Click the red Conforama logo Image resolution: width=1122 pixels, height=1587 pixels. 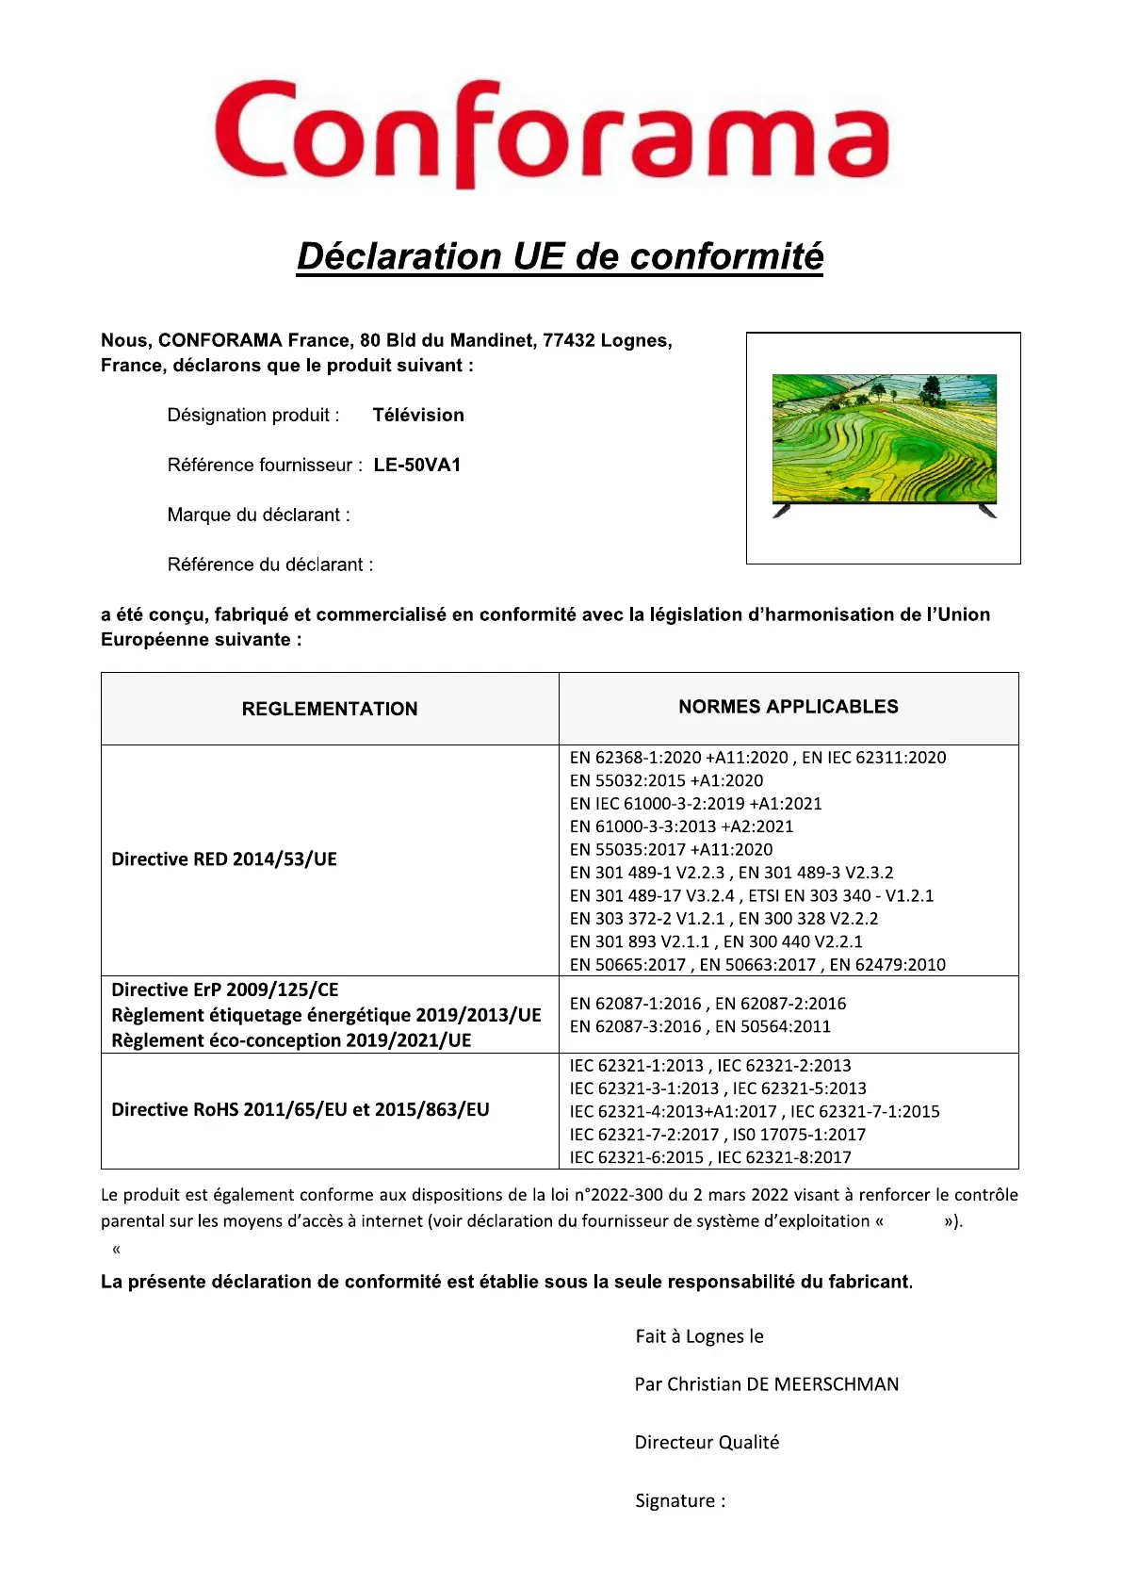pos(552,134)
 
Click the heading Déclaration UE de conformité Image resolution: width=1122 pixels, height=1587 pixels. pos(560,256)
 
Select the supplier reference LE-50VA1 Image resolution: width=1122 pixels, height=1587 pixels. pos(417,465)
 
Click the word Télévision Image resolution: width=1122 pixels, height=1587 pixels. pos(418,415)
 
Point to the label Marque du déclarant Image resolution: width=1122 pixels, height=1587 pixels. pos(258,515)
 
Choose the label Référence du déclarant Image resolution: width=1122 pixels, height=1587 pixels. pos(269,564)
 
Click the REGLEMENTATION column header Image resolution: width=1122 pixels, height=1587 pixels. pos(330,709)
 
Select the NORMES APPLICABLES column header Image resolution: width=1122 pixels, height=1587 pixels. pos(789,707)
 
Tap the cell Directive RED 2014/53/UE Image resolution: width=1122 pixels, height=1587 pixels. pos(224,859)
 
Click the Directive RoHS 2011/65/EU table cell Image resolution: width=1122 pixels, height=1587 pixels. pos(301,1109)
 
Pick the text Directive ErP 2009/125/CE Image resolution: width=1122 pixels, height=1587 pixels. pos(225,990)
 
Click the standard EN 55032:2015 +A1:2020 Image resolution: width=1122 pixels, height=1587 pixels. pos(666,780)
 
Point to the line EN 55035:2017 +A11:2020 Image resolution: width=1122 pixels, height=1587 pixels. pos(671,849)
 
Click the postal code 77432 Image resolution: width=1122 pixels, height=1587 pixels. pos(568,340)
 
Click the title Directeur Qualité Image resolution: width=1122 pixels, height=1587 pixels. pos(707,1442)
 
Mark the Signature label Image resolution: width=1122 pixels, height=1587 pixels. pos(680,1501)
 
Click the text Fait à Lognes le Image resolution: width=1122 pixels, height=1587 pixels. pos(699,1336)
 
